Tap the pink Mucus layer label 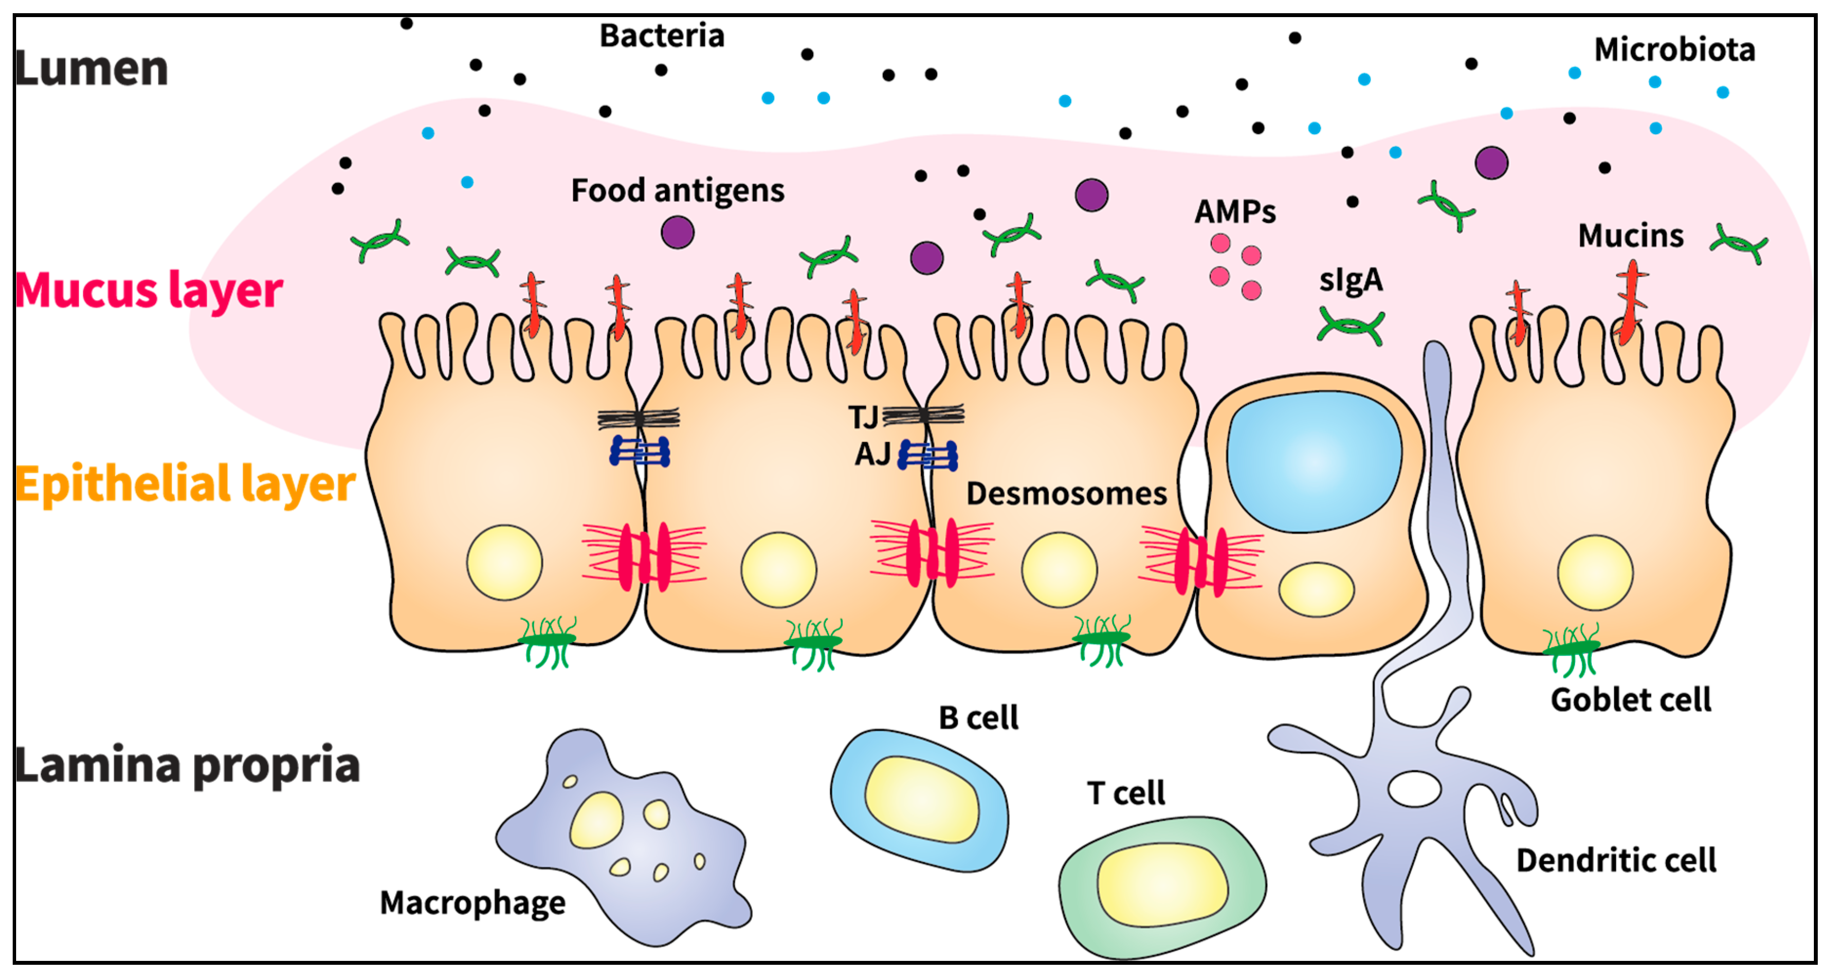click(148, 291)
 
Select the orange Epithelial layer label click(185, 485)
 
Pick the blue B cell click(919, 799)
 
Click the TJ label click(863, 417)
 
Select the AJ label click(872, 454)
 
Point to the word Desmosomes click(1066, 493)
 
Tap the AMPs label click(1235, 212)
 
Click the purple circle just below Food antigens click(677, 233)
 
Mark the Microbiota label click(1674, 50)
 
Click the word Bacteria click(662, 36)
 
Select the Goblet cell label click(1630, 700)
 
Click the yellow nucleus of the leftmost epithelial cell click(504, 562)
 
